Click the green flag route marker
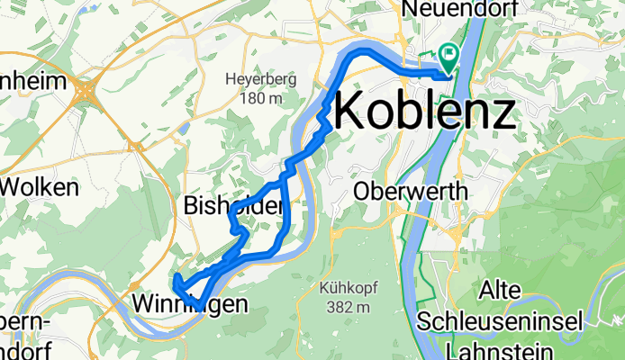(448, 57)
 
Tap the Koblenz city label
(425, 113)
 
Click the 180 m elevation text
(256, 97)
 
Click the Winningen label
(188, 305)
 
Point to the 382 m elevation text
(346, 308)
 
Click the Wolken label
(40, 188)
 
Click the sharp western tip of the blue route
(177, 277)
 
